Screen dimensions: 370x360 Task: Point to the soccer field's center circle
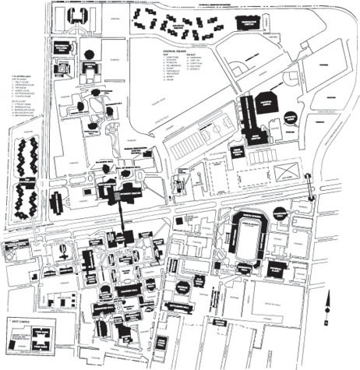(252, 173)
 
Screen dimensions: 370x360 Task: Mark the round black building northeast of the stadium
(280, 213)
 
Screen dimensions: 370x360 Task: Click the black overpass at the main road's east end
(310, 187)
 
